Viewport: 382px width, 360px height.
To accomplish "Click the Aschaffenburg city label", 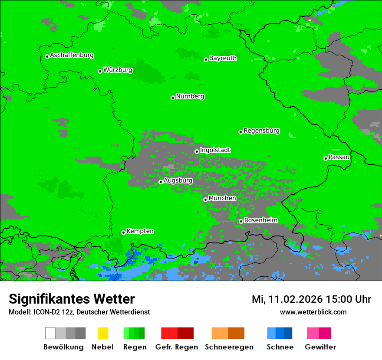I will click(72, 56).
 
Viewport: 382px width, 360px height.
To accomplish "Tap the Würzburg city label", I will click(118, 70).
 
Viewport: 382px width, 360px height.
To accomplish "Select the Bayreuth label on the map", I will click(223, 58).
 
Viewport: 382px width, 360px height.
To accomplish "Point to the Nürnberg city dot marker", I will click(173, 98).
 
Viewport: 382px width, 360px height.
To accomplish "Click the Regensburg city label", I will click(261, 131).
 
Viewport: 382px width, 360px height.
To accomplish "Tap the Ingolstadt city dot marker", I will click(197, 151).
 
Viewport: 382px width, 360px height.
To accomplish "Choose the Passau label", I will click(339, 157).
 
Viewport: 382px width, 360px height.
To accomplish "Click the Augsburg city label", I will click(178, 180).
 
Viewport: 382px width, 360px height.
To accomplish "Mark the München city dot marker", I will click(205, 200).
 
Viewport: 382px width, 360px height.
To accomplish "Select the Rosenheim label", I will click(260, 220).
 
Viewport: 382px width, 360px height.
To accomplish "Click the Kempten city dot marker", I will click(123, 232).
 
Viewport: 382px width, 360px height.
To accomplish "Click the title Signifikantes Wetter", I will click(72, 299).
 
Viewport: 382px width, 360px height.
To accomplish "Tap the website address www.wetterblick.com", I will click(313, 312).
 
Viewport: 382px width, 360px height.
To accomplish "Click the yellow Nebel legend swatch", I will click(103, 333).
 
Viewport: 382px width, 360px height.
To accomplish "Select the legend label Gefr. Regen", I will click(177, 347).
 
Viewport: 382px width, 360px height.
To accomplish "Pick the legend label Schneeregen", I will click(229, 347).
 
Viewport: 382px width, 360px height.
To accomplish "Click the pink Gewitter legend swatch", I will click(313, 333).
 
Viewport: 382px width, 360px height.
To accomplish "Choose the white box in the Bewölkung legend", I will click(50, 333).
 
